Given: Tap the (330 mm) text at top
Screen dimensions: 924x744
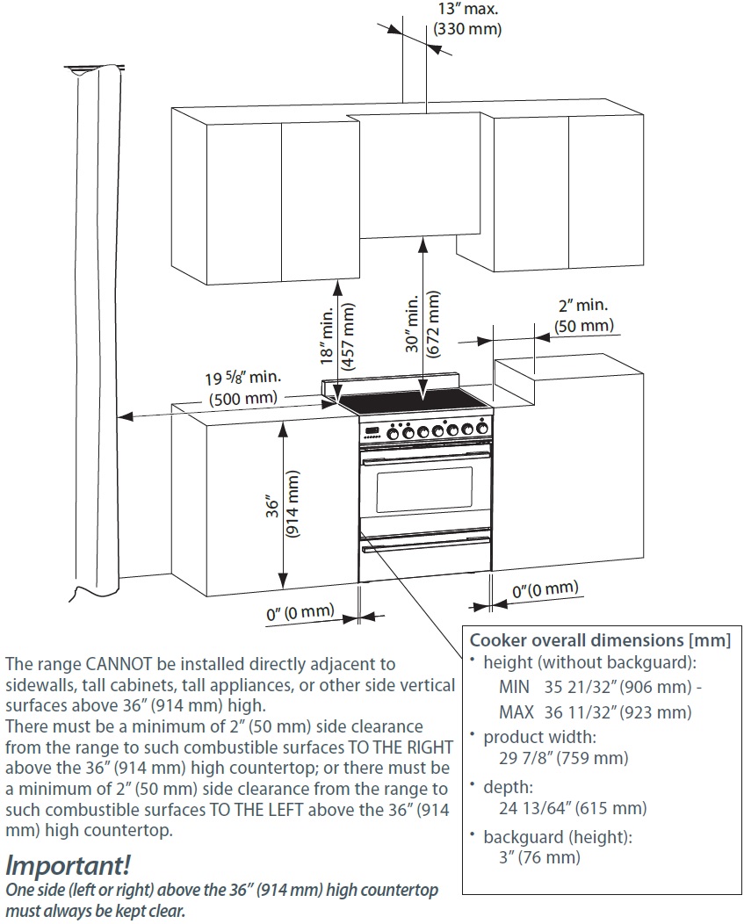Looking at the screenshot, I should (x=468, y=29).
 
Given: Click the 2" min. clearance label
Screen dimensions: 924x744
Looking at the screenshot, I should (x=582, y=307).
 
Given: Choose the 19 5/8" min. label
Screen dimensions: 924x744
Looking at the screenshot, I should (x=242, y=378).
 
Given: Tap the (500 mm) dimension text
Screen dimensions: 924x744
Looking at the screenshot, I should (x=243, y=398).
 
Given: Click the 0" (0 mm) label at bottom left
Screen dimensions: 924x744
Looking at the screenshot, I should (x=300, y=612).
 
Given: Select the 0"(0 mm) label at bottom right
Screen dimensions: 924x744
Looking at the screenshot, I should (x=545, y=588).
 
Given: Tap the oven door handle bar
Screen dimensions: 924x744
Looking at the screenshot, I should (x=424, y=454).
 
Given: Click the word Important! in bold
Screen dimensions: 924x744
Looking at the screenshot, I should (x=68, y=865).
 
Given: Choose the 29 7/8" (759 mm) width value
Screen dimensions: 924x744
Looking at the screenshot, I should (x=557, y=758).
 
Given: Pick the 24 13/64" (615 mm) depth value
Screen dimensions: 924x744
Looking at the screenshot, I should (x=565, y=807).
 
